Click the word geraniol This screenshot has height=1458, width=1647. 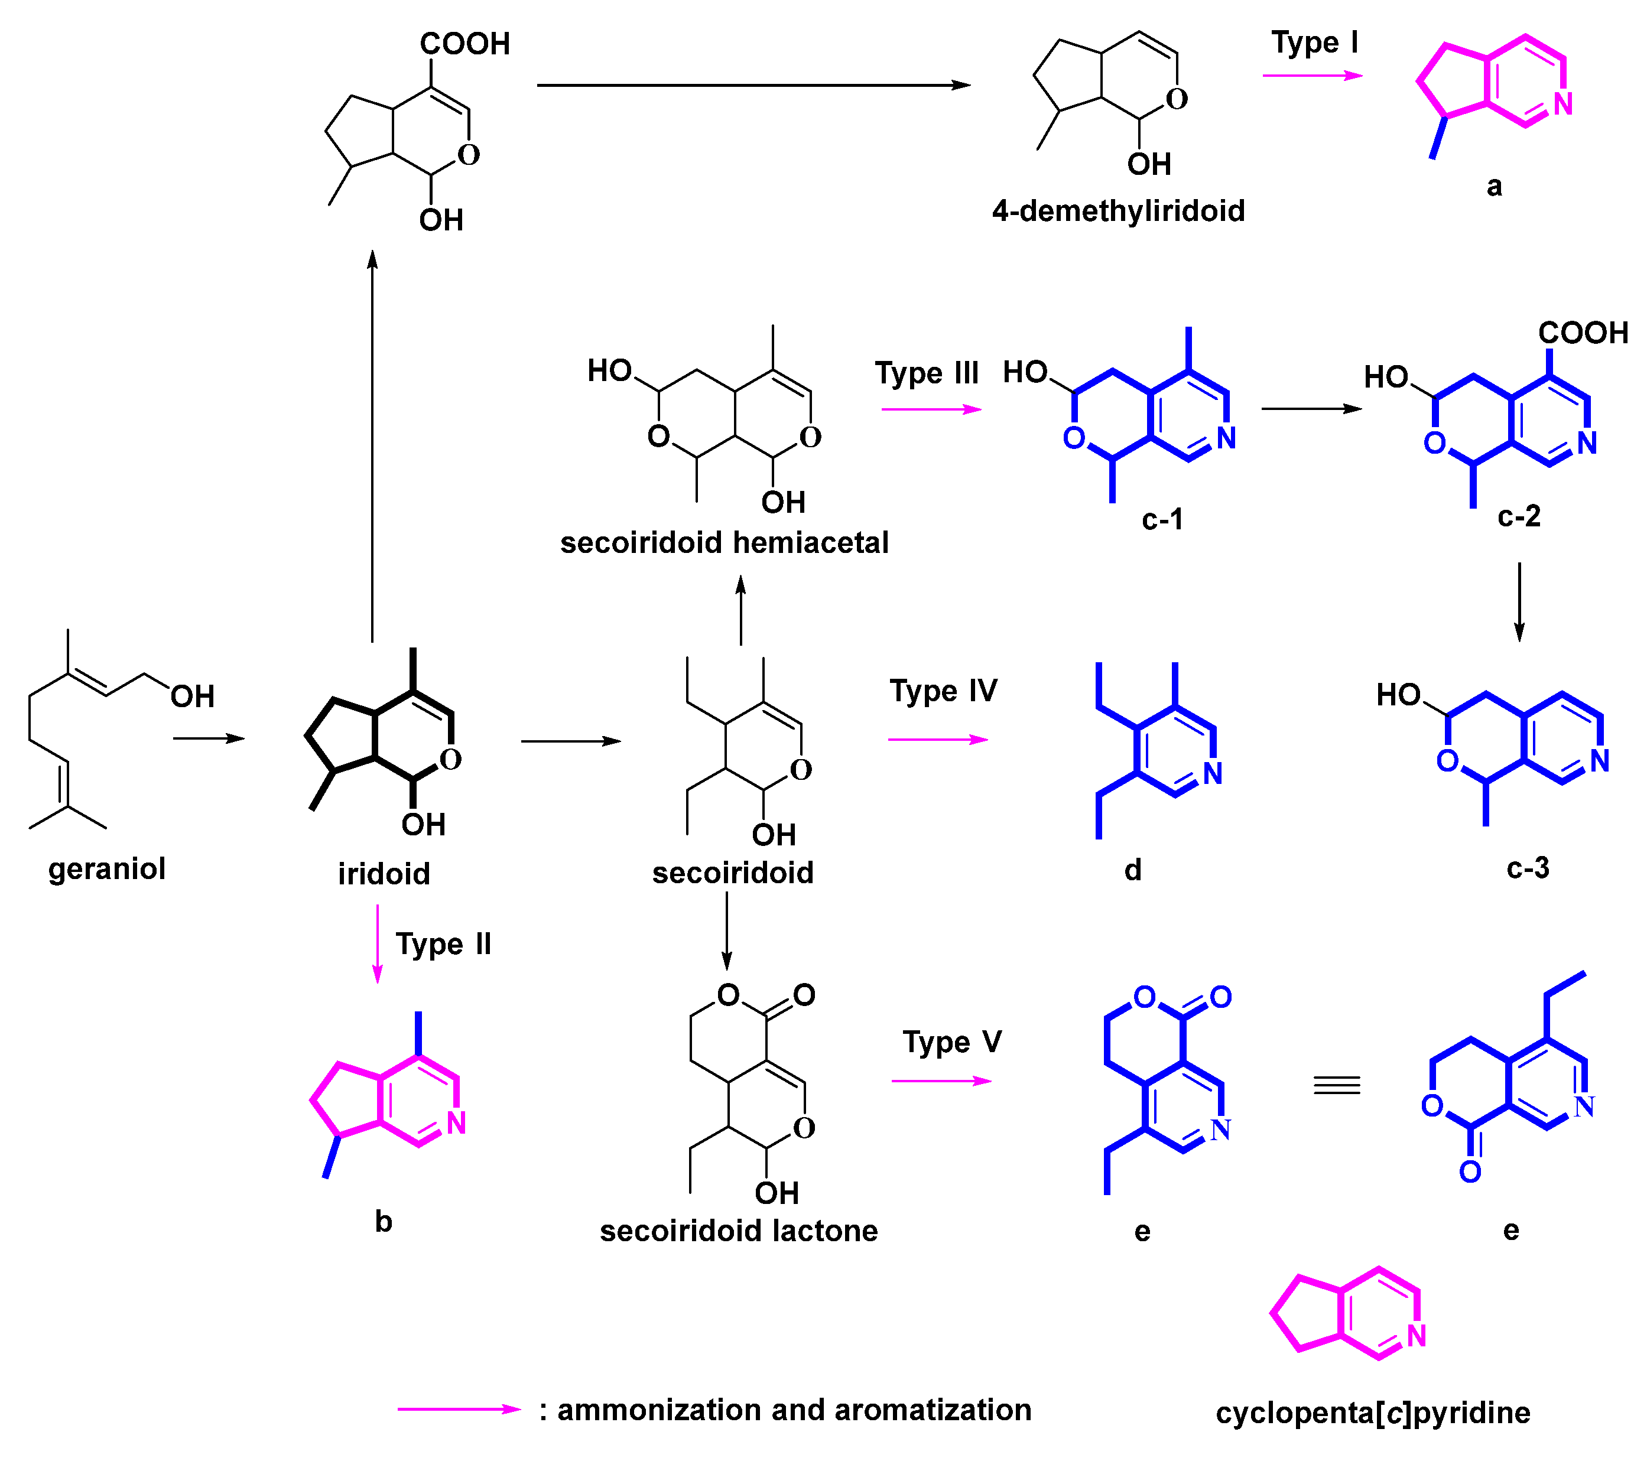click(x=106, y=869)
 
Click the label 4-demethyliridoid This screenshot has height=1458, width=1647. click(x=1119, y=211)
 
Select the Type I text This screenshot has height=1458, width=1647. click(x=1314, y=43)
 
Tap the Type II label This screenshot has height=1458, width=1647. click(x=443, y=944)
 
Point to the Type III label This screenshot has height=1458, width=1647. click(x=927, y=374)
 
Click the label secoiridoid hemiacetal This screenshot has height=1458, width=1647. click(x=725, y=543)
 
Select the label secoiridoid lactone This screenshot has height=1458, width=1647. click(x=739, y=1231)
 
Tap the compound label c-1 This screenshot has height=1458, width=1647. click(x=1162, y=519)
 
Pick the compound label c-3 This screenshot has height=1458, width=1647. click(x=1528, y=868)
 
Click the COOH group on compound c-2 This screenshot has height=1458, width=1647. click(x=1583, y=333)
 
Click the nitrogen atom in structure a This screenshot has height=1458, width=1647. click(x=1563, y=104)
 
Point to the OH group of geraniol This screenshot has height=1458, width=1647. click(x=193, y=697)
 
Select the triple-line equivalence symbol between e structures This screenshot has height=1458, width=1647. click(x=1337, y=1086)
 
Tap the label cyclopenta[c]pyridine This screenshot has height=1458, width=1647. click(x=1373, y=1413)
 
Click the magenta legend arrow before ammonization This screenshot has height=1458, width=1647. click(x=459, y=1410)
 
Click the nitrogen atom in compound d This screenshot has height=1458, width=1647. click(x=1213, y=774)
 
